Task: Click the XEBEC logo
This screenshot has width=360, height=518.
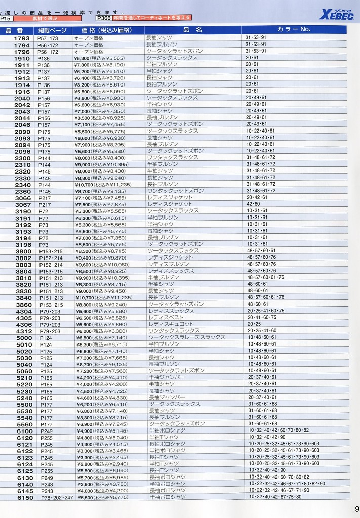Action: (x=337, y=14)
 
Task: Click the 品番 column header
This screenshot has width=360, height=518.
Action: (x=17, y=30)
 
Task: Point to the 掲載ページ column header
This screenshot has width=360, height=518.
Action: (x=52, y=30)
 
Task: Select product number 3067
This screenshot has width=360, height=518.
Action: (x=23, y=204)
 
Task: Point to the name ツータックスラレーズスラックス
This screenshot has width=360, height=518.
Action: (x=187, y=337)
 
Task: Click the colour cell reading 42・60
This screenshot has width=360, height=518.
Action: (x=253, y=204)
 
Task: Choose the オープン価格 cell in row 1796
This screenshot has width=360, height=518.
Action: (x=89, y=51)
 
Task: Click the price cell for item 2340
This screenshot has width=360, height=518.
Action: (x=103, y=184)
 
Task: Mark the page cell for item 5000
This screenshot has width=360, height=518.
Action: (x=46, y=337)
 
